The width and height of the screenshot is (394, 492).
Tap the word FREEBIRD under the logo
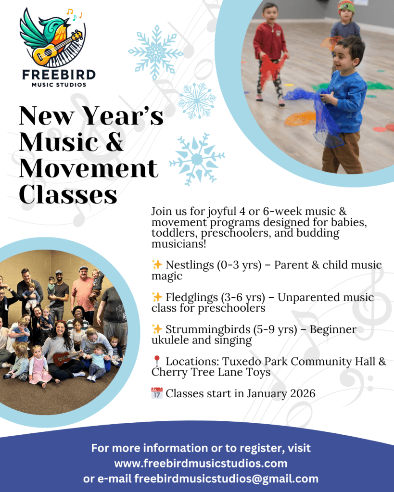click(59, 75)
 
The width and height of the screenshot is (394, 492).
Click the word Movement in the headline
click(89, 168)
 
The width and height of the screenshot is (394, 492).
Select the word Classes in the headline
click(68, 195)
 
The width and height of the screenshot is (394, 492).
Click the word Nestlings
click(190, 265)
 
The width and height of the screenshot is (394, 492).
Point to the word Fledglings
click(191, 297)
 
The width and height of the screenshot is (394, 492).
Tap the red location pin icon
click(157, 361)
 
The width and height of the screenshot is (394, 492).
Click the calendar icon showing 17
click(157, 393)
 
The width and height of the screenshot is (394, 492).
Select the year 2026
click(303, 393)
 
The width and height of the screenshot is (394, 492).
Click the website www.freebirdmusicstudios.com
click(201, 464)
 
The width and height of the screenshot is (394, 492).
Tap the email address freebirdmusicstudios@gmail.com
click(227, 479)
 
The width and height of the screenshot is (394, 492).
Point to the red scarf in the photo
click(271, 70)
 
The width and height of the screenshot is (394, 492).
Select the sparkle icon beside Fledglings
click(157, 297)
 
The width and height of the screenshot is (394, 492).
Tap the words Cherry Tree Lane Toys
click(211, 372)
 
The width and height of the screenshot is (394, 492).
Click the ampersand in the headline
click(113, 142)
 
